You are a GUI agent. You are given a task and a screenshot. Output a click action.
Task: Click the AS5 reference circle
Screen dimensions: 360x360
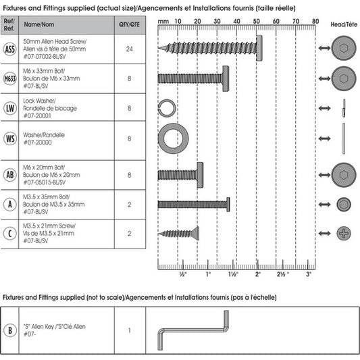[x=10, y=49]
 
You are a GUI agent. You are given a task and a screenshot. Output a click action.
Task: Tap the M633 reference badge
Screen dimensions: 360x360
[x=10, y=79]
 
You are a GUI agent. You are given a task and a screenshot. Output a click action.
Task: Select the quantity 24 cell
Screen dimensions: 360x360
[x=130, y=49]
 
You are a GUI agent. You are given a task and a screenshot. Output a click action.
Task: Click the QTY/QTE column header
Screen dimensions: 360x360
[x=129, y=24]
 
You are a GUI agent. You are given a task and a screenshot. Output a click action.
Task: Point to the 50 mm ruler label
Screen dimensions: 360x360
[x=256, y=22]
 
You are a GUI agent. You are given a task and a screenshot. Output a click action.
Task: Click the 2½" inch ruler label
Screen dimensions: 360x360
[x=283, y=274]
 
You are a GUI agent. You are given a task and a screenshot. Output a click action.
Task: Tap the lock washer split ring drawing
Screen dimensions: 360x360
[x=167, y=107]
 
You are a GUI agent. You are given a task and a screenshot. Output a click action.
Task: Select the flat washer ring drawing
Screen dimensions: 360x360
[x=174, y=138]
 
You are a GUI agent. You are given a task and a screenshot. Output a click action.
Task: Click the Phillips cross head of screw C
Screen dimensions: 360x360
[x=344, y=234]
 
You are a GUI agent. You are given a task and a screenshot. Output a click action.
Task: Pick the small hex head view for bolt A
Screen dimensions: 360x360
[x=344, y=204]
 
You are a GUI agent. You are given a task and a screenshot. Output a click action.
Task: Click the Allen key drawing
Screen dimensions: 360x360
[x=193, y=330]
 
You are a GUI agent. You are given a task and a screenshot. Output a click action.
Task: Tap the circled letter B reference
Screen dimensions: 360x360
[x=10, y=330]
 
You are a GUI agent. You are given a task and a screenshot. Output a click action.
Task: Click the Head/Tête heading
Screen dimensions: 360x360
[x=344, y=24]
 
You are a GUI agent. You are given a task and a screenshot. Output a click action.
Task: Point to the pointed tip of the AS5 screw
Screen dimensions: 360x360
[x=159, y=48]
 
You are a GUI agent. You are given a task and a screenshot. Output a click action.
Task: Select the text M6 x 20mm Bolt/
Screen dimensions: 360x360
[x=44, y=168]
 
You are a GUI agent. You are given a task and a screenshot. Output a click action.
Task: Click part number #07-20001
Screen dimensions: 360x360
[x=37, y=115]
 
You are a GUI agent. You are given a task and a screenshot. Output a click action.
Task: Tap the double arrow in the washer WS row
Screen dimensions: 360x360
[x=324, y=138]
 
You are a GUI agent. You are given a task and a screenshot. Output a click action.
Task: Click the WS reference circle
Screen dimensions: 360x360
[x=10, y=138]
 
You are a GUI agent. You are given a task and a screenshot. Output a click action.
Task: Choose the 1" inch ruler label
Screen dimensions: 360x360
[x=208, y=274]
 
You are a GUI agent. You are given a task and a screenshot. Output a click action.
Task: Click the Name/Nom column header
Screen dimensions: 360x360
[x=39, y=24]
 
